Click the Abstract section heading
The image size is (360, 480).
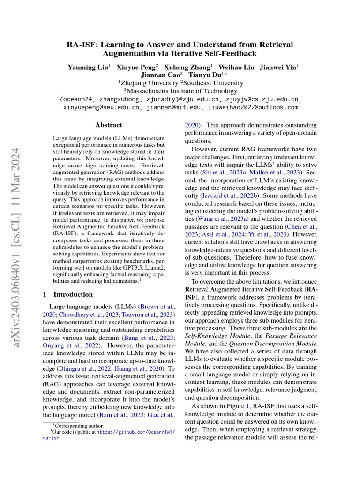tap(108, 125)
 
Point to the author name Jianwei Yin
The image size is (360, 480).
tap(279, 67)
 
